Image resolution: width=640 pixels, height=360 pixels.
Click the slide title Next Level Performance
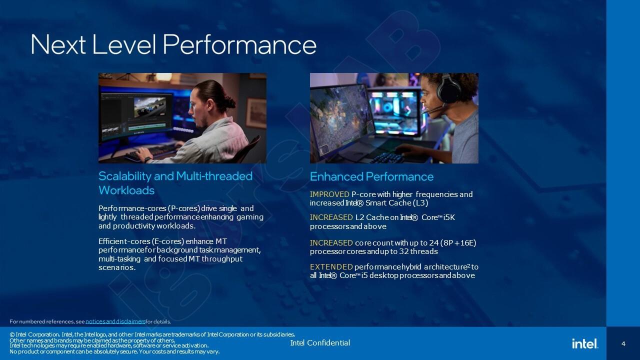pos(173,44)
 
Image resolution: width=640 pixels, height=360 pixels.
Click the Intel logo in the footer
pos(584,343)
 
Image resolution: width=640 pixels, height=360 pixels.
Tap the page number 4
pos(623,343)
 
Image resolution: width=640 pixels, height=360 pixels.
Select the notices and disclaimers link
pos(115,321)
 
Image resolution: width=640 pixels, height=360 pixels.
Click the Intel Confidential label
pos(320,343)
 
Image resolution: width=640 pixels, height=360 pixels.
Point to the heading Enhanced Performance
pos(371,176)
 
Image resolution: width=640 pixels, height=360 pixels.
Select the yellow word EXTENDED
pos(331,267)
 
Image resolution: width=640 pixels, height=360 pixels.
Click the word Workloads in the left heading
pos(126,190)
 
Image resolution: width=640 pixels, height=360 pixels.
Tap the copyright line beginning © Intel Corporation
pos(152,334)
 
